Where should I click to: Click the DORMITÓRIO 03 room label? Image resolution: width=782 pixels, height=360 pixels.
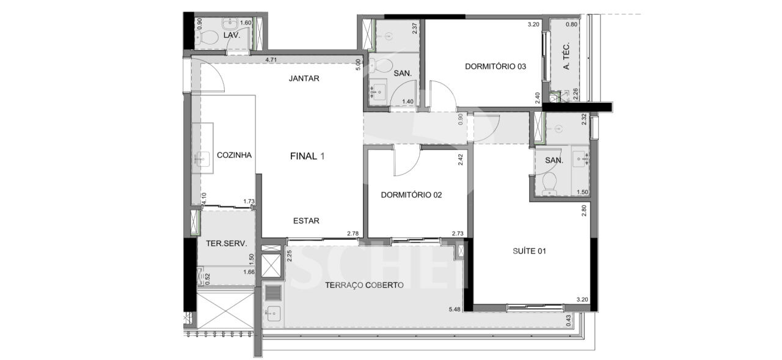click(x=495, y=67)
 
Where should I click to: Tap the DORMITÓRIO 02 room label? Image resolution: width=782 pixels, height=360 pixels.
click(x=411, y=195)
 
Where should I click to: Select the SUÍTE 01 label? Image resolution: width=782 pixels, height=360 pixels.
click(x=529, y=251)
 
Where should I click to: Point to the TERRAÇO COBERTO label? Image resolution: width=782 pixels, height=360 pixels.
click(x=364, y=285)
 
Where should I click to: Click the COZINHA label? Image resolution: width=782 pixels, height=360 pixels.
click(x=234, y=155)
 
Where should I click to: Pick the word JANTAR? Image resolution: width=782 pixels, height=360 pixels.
click(x=304, y=78)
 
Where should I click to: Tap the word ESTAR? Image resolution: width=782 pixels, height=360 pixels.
click(x=306, y=221)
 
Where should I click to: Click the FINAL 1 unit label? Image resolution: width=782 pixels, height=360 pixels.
click(x=307, y=156)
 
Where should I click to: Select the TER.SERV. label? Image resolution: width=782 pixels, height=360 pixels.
click(x=226, y=243)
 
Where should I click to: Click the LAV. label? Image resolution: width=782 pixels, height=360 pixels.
click(x=232, y=35)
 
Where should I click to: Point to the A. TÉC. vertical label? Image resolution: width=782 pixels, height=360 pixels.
click(x=566, y=56)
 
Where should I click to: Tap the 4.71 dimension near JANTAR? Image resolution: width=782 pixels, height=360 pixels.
click(x=271, y=60)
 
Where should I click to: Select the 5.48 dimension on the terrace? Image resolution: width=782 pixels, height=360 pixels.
click(x=455, y=309)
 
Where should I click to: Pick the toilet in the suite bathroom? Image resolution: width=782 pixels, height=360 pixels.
click(x=549, y=183)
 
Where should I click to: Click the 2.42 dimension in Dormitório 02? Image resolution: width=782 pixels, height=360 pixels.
click(x=461, y=160)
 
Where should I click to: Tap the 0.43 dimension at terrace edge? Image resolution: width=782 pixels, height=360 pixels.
click(x=568, y=321)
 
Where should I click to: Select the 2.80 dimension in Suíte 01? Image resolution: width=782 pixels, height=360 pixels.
click(x=583, y=210)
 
